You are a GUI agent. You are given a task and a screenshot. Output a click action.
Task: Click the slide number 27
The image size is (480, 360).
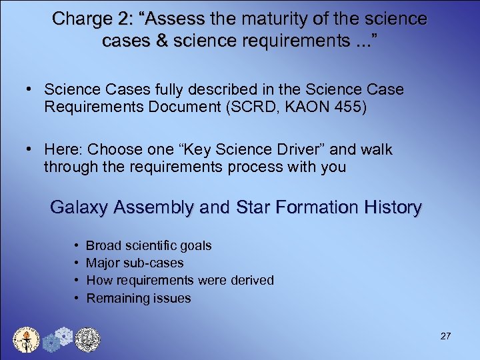(x=446, y=335)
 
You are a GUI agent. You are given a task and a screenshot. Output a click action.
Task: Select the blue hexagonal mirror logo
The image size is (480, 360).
(x=57, y=339)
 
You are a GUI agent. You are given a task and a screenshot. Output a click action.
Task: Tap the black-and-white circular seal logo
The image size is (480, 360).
(x=87, y=339)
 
